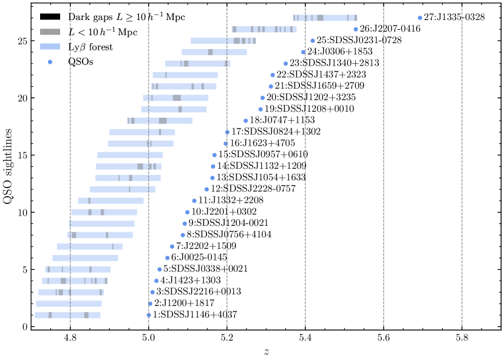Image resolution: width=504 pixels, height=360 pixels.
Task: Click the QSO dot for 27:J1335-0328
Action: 420,18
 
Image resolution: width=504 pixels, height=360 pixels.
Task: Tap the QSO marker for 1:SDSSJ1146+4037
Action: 149,315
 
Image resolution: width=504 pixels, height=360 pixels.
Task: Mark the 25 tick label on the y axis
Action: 21,41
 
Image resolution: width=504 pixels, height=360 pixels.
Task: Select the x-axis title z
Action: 266,352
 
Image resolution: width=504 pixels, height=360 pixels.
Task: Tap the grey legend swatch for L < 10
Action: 50,31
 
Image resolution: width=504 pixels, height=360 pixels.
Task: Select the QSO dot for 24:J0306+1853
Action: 303,52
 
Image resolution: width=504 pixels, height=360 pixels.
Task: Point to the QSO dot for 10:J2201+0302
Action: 188,212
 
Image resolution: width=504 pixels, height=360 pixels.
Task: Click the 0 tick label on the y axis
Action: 24,327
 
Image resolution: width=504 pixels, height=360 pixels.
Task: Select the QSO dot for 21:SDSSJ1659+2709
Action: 271,86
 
